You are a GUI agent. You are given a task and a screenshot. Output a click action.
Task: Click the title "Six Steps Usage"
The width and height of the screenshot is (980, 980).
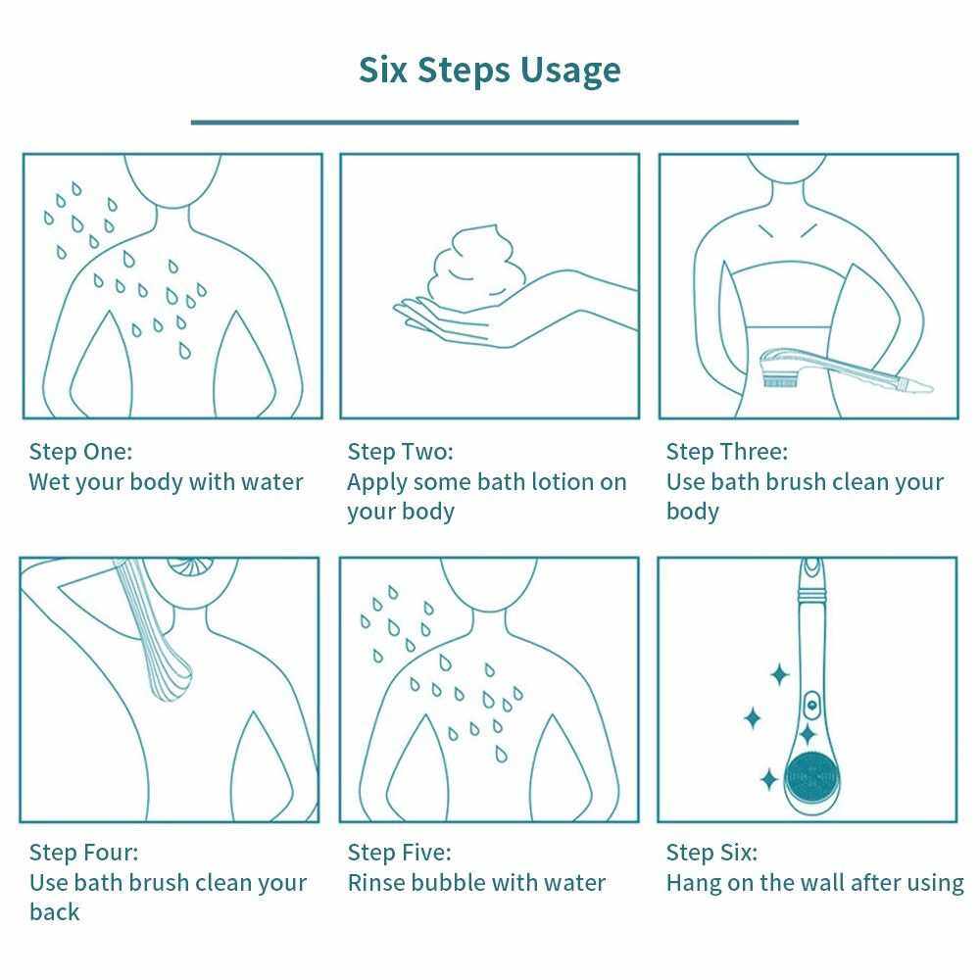click(489, 70)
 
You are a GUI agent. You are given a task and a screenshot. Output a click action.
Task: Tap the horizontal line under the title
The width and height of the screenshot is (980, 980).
click(494, 122)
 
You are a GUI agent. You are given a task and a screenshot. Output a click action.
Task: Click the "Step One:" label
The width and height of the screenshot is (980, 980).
click(80, 451)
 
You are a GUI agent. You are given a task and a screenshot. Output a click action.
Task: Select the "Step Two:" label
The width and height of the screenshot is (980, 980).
click(400, 451)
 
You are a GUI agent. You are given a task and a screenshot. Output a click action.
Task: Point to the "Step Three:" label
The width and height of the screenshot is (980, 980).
click(727, 451)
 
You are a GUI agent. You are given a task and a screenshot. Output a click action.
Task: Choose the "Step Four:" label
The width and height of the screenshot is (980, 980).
click(83, 852)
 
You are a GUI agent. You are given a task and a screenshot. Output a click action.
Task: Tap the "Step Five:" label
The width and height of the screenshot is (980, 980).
click(400, 852)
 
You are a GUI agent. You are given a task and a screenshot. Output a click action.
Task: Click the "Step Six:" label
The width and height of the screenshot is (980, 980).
click(711, 852)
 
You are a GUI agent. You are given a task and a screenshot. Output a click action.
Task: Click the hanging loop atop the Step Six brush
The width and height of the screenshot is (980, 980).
click(811, 568)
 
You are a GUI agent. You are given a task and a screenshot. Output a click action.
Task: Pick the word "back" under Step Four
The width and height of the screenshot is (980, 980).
click(54, 911)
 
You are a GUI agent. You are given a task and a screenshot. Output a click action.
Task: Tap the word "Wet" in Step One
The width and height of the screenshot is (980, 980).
click(48, 482)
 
